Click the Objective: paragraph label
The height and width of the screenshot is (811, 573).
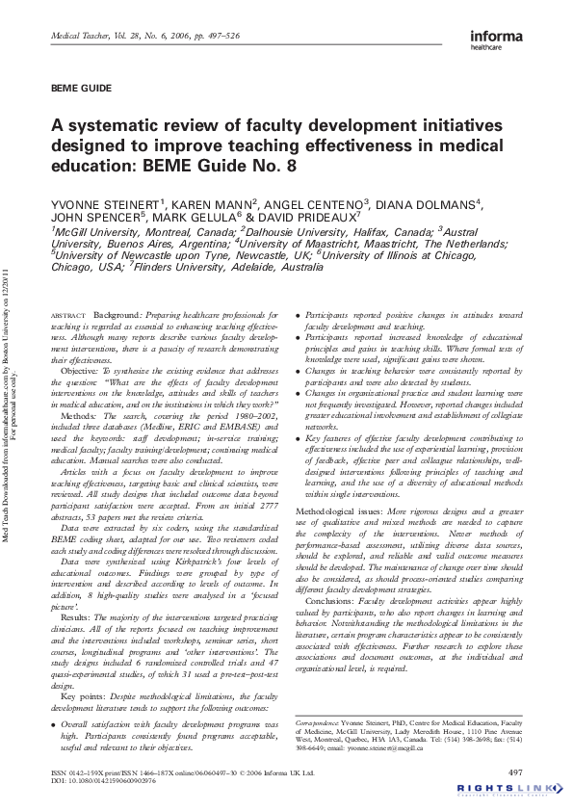(85, 370)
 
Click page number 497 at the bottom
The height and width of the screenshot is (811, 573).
(515, 772)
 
